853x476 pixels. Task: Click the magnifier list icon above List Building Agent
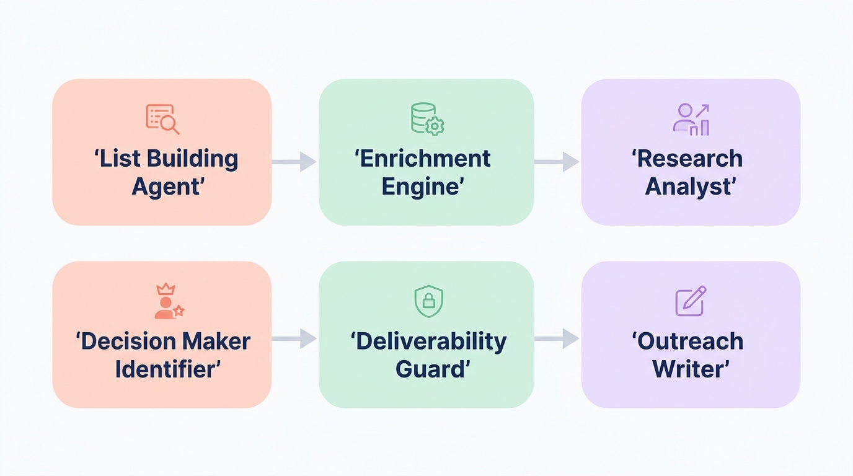[162, 119]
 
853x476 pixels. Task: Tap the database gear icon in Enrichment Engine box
[427, 119]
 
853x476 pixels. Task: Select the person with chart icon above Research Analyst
[691, 119]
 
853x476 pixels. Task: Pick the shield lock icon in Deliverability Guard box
[428, 301]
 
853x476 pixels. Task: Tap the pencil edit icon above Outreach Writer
[691, 301]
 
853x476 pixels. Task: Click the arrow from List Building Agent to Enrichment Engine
[294, 161]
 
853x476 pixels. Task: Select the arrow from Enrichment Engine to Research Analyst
[557, 161]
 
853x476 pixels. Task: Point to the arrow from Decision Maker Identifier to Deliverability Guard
[294, 338]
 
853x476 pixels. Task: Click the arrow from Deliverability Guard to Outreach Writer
[557, 338]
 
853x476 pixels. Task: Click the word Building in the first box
[192, 159]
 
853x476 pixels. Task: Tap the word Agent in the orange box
[166, 186]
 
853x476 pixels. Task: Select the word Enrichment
[425, 159]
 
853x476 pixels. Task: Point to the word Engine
[422, 186]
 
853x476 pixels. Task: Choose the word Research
[689, 159]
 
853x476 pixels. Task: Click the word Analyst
[689, 186]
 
